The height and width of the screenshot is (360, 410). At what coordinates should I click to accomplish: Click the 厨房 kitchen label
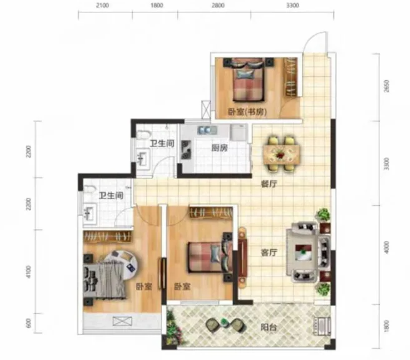[220, 148]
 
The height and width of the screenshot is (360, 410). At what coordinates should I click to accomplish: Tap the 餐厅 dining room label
[269, 184]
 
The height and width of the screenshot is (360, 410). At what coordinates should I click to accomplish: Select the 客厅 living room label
[269, 253]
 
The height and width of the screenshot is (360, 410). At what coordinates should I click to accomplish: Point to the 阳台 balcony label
[269, 327]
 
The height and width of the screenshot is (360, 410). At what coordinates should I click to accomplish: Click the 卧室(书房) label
[247, 112]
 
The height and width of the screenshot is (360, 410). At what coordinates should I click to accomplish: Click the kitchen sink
[207, 130]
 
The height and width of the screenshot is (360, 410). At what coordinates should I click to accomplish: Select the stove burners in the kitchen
[186, 150]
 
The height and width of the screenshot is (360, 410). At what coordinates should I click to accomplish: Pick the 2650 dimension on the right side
[386, 86]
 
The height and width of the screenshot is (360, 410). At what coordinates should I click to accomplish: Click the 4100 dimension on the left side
[28, 272]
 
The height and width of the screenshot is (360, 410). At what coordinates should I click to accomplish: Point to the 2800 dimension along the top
[218, 6]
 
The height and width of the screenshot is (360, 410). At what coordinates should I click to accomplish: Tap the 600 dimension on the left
[28, 323]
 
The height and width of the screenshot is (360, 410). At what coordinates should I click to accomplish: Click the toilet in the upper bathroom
[143, 135]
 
